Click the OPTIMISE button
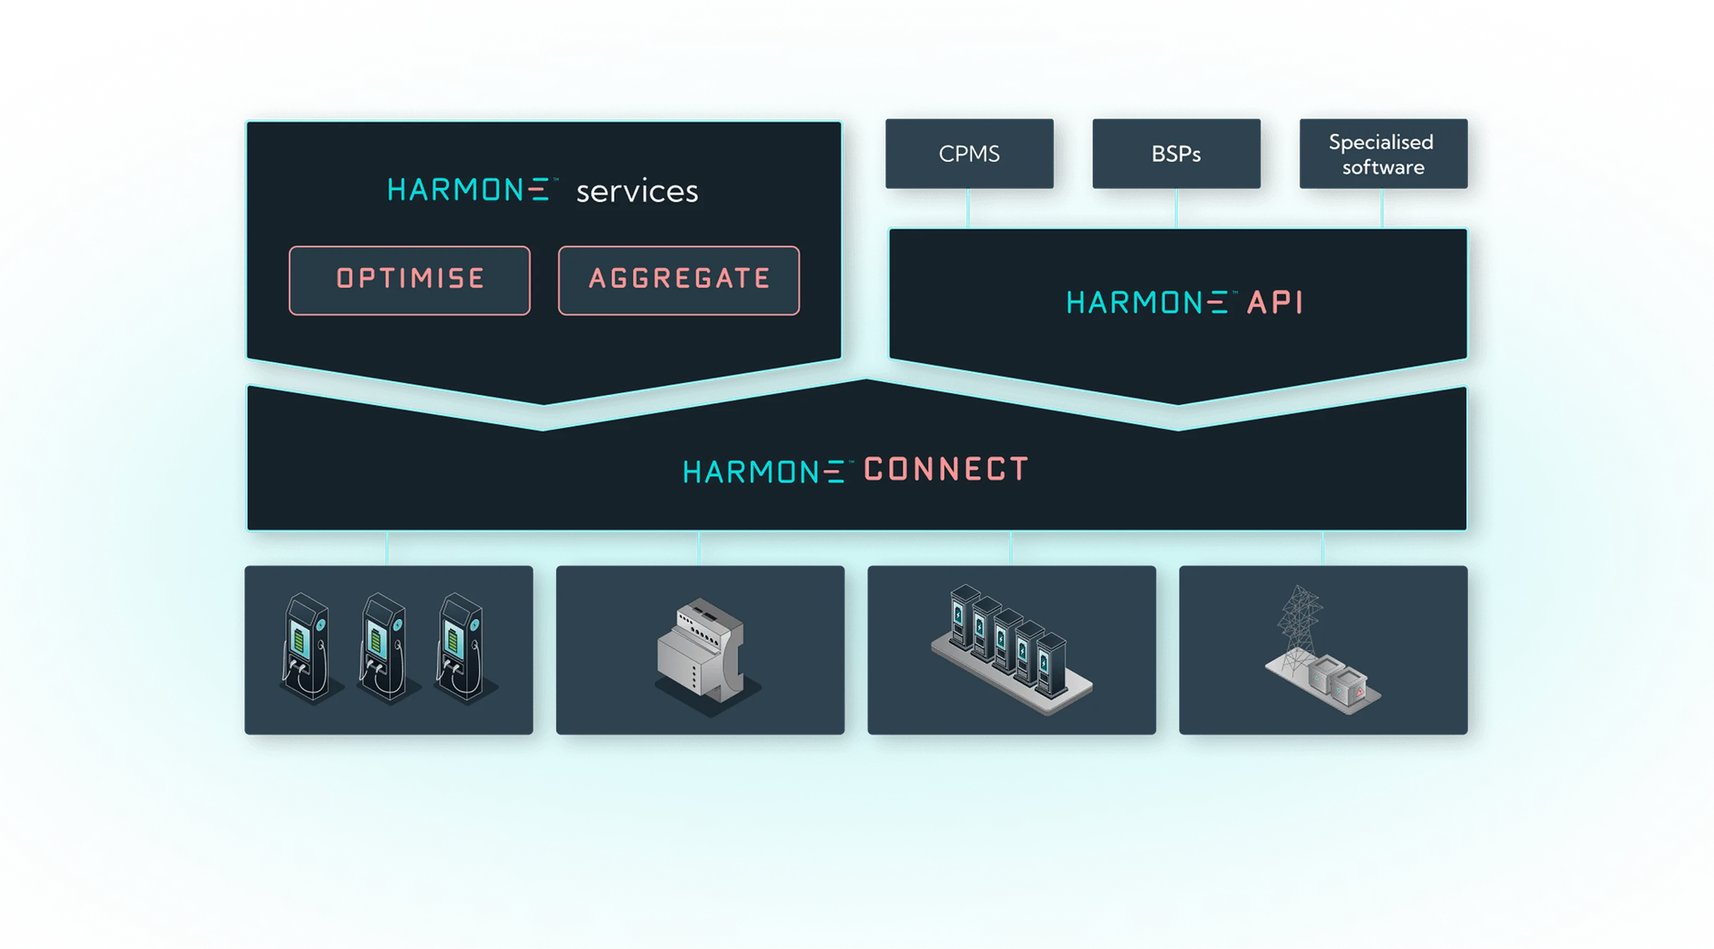(409, 280)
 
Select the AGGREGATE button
(679, 280)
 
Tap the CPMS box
(969, 154)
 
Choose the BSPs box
(1176, 154)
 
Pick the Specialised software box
(1383, 154)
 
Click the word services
(637, 191)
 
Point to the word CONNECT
(946, 469)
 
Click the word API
(1274, 303)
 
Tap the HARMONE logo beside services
(469, 190)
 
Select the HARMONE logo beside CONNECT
(764, 472)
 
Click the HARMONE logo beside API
(1147, 303)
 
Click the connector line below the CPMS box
(968, 207)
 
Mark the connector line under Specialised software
(1382, 207)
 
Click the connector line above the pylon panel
(1322, 549)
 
